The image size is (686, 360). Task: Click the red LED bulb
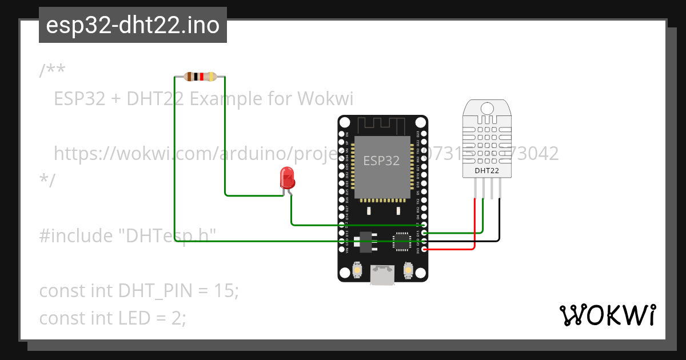286,178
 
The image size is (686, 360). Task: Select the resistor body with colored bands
200,77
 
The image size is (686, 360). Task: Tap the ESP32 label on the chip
381,161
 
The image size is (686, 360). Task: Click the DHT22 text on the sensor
486,170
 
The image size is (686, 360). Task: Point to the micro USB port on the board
382,275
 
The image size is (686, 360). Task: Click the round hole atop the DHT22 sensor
487,109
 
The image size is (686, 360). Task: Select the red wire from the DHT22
475,223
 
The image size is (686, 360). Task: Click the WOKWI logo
608,315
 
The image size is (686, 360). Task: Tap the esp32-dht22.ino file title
133,25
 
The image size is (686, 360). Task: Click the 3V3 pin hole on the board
424,250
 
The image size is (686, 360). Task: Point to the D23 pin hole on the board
424,134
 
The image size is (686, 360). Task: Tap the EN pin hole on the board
342,134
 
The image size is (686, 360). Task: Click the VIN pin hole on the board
342,250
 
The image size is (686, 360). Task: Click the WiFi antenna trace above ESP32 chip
382,125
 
